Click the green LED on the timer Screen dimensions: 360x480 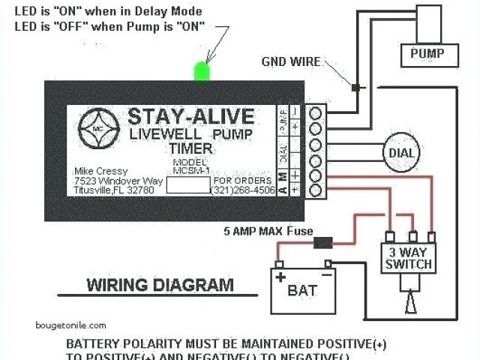201,70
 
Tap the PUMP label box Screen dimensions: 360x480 427,53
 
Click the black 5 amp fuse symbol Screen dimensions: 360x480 324,242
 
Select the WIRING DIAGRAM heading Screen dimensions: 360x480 160,285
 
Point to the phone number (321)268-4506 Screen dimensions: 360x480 243,189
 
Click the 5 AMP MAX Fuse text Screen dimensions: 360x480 267,231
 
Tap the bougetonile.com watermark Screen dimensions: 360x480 71,325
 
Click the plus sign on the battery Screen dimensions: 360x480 280,276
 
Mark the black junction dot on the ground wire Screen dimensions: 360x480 355,88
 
